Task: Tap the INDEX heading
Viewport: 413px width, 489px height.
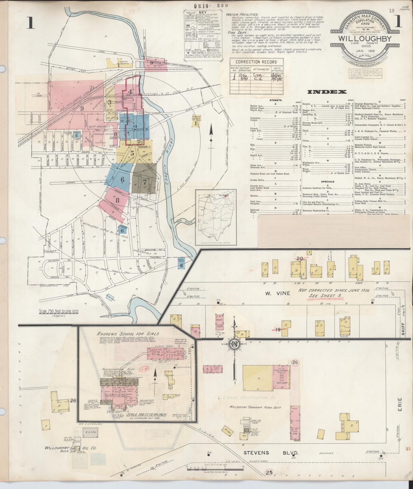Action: pyautogui.click(x=327, y=92)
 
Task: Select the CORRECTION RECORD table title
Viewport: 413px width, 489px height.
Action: pyautogui.click(x=256, y=62)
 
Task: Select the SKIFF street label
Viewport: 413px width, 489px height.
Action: pyautogui.click(x=404, y=329)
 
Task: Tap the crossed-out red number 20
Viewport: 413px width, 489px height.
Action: pyautogui.click(x=300, y=258)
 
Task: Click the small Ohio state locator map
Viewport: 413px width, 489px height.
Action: pyautogui.click(x=216, y=217)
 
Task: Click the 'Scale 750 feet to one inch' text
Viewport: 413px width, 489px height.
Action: pyautogui.click(x=59, y=311)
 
